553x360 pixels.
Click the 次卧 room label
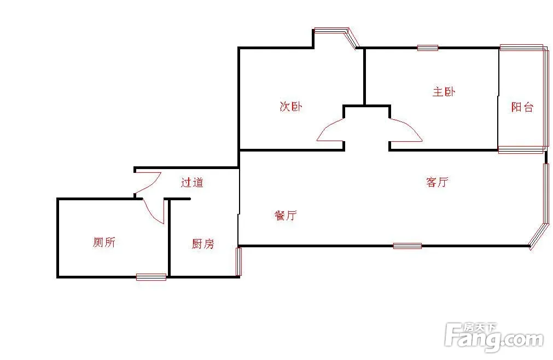[291, 107]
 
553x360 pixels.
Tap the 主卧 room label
[444, 92]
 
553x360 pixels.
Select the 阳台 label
[522, 107]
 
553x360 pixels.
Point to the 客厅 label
[438, 182]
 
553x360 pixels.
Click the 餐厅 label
[286, 215]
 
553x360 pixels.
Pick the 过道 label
[192, 182]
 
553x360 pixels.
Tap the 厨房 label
[203, 243]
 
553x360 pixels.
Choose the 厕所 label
[104, 242]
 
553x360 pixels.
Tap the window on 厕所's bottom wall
[152, 277]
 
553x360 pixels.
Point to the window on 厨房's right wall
[239, 262]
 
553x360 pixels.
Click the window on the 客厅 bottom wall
[408, 246]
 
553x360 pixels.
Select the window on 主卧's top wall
[428, 48]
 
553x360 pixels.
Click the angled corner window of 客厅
[539, 236]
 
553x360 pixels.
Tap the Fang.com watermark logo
[494, 336]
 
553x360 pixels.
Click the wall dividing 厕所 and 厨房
[169, 238]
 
